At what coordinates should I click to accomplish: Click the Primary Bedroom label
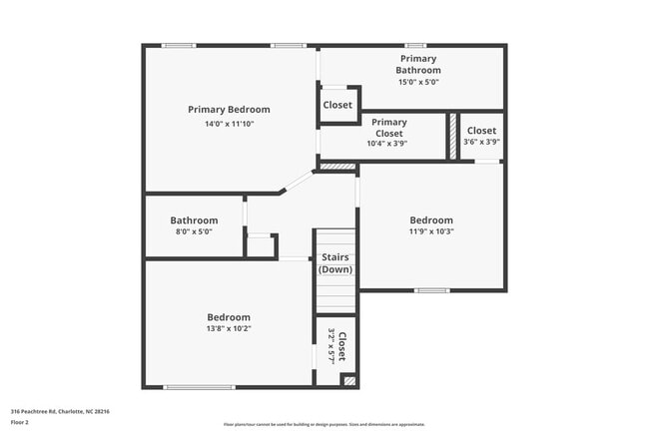(229, 110)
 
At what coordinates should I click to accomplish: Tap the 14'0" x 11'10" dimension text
(229, 124)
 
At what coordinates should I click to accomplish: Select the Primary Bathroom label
(417, 65)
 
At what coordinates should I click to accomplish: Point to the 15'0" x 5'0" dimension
(417, 83)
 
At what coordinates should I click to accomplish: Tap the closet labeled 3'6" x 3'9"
(481, 136)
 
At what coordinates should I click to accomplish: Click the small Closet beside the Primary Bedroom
(337, 105)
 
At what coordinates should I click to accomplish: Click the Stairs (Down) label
(334, 263)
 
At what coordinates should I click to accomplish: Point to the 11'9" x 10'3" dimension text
(431, 231)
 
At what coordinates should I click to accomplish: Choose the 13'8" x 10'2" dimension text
(229, 328)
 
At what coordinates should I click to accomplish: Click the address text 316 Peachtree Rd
(60, 411)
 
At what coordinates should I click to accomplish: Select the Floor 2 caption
(21, 422)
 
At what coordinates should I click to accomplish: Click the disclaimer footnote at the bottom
(324, 424)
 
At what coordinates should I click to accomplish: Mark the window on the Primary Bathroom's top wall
(415, 45)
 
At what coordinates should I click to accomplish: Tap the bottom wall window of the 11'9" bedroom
(431, 290)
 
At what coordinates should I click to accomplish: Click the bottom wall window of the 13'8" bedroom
(200, 387)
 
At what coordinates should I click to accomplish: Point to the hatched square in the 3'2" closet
(348, 380)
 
